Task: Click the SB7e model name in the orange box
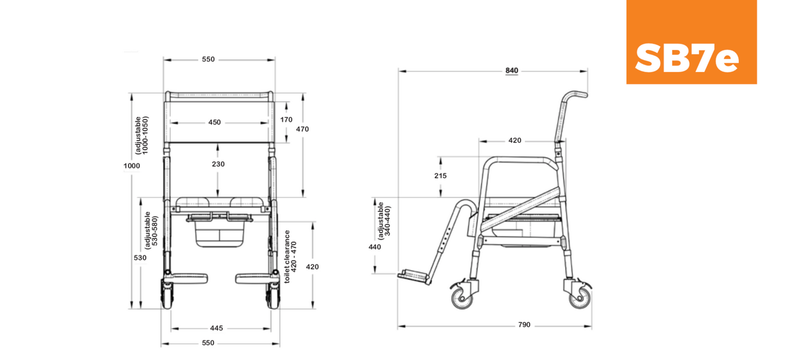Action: (686, 58)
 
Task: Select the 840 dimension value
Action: (511, 70)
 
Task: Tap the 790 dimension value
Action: (524, 325)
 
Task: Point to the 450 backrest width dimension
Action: (215, 122)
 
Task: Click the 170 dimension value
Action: (286, 120)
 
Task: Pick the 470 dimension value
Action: (302, 129)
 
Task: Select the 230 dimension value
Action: (218, 164)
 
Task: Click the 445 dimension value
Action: (216, 328)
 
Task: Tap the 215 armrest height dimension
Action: (440, 176)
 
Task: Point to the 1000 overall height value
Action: (132, 166)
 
